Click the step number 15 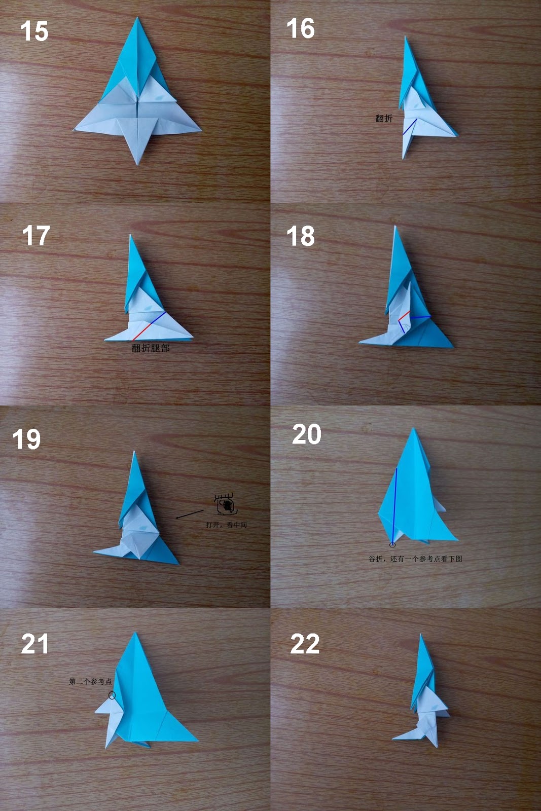(34, 31)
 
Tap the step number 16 (301, 28)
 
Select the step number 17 (36, 236)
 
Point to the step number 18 (301, 237)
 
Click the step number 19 (26, 439)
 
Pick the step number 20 (307, 434)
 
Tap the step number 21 (35, 644)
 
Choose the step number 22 (305, 644)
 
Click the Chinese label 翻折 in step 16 (384, 118)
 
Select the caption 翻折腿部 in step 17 (151, 348)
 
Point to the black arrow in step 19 (189, 514)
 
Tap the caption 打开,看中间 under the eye (226, 525)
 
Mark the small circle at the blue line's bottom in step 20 (392, 545)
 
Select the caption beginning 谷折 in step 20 (415, 559)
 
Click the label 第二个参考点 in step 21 (90, 681)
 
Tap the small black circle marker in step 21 (112, 695)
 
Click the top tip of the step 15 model (137, 19)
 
